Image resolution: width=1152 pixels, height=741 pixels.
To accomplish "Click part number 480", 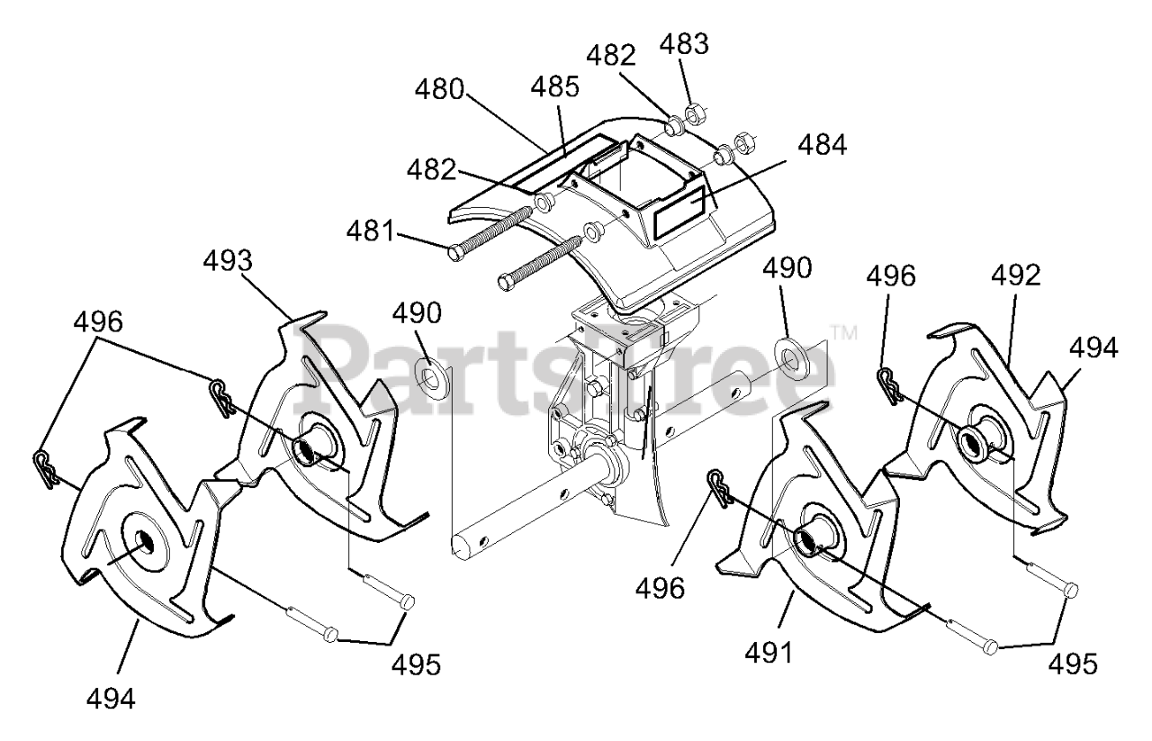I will [x=440, y=90].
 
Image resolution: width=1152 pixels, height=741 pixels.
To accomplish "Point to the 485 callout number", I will [x=554, y=87].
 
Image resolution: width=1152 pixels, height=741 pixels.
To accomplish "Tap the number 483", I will [x=687, y=43].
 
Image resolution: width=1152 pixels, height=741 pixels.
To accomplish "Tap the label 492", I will [x=1017, y=276].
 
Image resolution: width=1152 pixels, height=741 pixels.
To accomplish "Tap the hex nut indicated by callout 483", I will [x=695, y=115].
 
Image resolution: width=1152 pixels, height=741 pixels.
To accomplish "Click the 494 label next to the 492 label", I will [x=1093, y=348].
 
